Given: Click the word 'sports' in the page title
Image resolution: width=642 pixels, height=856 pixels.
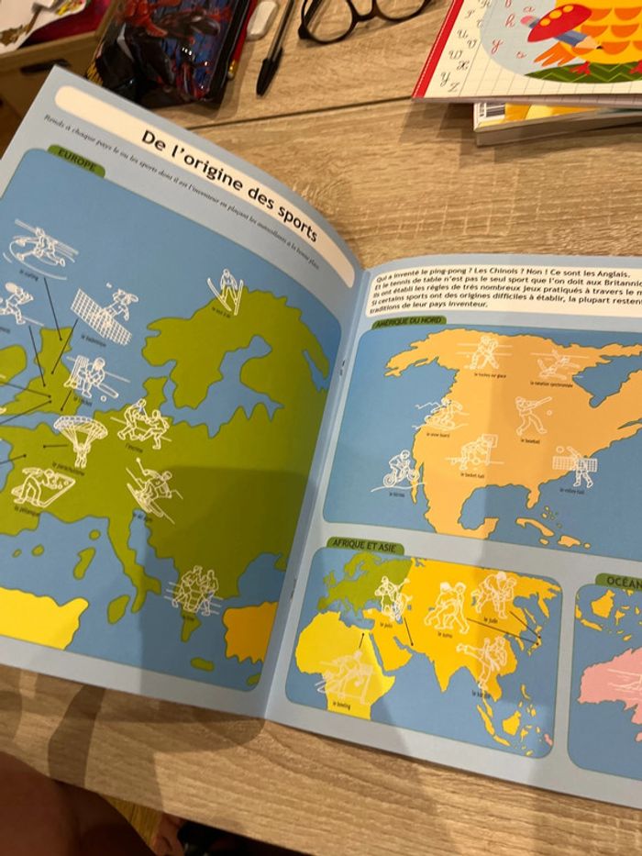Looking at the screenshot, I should coord(292,217).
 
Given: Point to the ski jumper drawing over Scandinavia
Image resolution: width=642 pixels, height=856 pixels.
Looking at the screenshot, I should coord(227,290).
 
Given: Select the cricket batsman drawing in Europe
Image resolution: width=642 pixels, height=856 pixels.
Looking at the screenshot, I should coord(86,376).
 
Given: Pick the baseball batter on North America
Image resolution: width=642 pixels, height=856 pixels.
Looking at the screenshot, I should coord(530,416).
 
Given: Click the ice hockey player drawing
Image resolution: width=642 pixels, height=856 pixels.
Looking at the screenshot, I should coord(484,352).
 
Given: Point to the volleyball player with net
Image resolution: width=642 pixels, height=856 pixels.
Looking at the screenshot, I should coord(575,465).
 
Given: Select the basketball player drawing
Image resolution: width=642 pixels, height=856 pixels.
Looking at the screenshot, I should coord(475,452).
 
